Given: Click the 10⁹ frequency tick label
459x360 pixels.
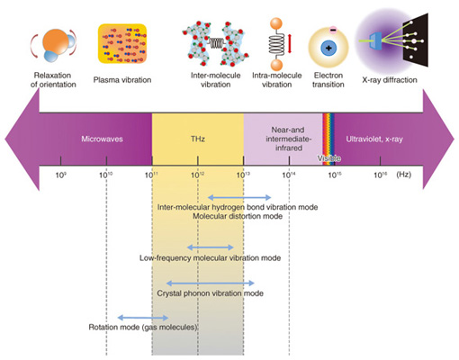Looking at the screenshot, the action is pyautogui.click(x=61, y=175).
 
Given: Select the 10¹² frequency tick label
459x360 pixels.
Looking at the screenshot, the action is pyautogui.click(x=198, y=175).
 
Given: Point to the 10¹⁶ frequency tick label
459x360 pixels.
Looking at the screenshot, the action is pyautogui.click(x=381, y=175).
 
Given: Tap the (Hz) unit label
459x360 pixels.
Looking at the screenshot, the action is pyautogui.click(x=403, y=175).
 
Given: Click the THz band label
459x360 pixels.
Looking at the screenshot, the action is pyautogui.click(x=198, y=139).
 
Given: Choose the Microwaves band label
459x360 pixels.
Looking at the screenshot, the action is pyautogui.click(x=102, y=139).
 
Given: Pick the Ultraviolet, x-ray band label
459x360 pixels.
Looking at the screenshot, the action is pyautogui.click(x=374, y=139).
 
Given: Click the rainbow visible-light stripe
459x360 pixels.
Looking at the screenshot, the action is pyautogui.click(x=328, y=139).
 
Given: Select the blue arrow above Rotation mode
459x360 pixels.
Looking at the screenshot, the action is pyautogui.click(x=143, y=318).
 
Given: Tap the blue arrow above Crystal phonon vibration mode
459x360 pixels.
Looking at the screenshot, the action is pyautogui.click(x=210, y=283).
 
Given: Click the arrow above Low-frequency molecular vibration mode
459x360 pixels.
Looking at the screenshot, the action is pyautogui.click(x=210, y=247).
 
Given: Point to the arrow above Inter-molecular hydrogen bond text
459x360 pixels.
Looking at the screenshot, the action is pyautogui.click(x=239, y=197).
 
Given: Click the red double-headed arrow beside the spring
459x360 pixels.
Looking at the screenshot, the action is pyautogui.click(x=290, y=44).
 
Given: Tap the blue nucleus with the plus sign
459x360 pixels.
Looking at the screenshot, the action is pyautogui.click(x=328, y=48).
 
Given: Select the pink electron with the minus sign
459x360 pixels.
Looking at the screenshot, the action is pyautogui.click(x=333, y=30).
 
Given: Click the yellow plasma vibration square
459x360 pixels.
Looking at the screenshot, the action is pyautogui.click(x=122, y=44).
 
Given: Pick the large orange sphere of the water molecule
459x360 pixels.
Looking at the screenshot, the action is pyautogui.click(x=56, y=41).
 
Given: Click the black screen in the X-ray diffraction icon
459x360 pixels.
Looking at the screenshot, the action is pyautogui.click(x=416, y=40).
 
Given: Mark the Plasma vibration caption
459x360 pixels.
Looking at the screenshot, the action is pyautogui.click(x=122, y=80).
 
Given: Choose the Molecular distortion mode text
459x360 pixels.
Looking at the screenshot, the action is pyautogui.click(x=238, y=216).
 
